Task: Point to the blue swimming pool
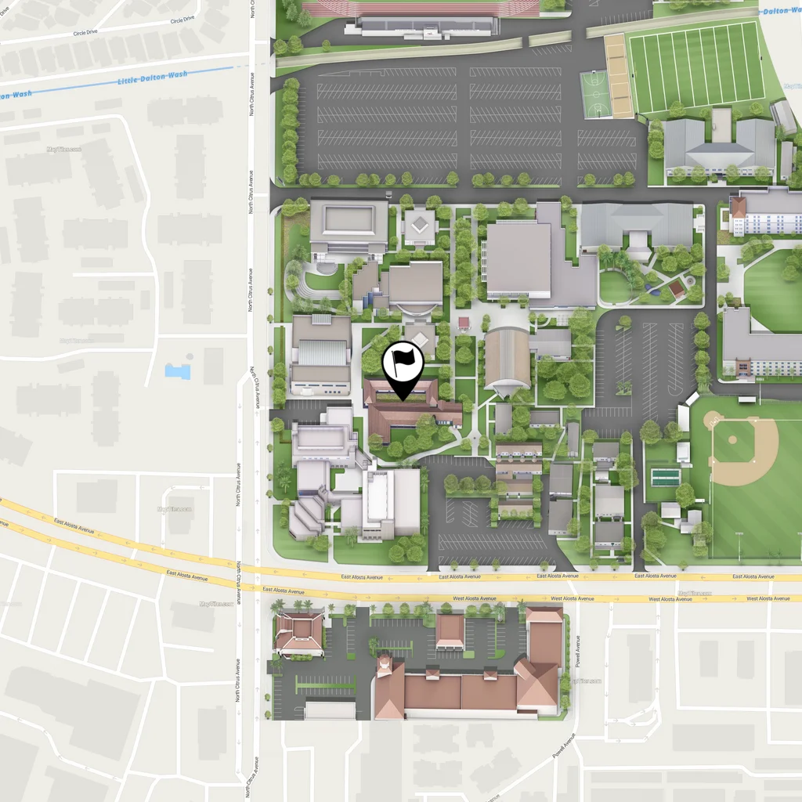178,370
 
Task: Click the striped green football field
696,67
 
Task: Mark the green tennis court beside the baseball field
666,477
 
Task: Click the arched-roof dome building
507,359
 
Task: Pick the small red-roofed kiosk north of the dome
464,322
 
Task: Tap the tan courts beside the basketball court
619,76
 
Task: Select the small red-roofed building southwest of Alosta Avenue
299,633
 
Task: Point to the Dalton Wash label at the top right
780,11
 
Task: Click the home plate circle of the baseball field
713,421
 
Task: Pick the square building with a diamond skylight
421,226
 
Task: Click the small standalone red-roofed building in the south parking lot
450,631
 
